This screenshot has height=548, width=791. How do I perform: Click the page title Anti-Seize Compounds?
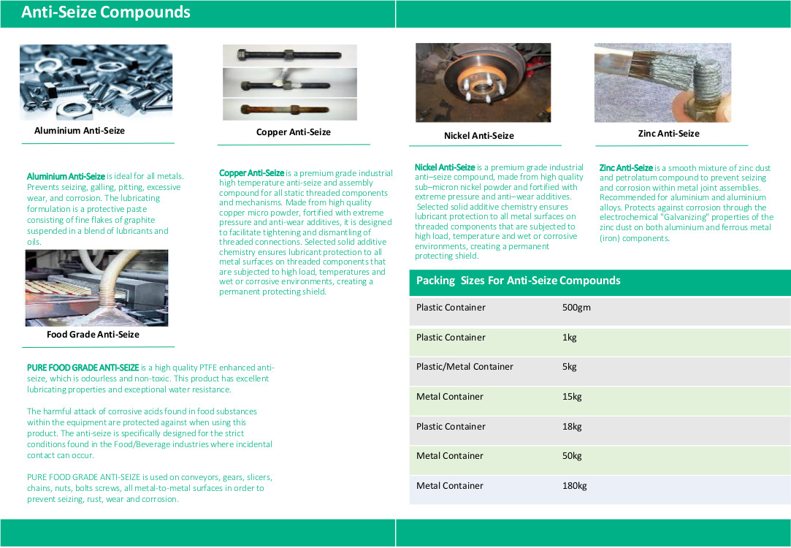coord(106,12)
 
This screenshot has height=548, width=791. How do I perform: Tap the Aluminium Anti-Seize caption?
coord(80,131)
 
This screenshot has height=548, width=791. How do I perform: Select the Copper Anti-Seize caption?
coord(294,132)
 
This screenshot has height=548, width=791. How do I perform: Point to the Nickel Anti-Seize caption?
coord(478,136)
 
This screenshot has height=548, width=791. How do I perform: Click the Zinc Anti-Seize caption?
coord(668,134)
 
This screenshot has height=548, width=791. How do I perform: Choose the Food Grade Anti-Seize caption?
coord(93,335)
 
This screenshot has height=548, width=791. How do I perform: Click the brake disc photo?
coord(483,83)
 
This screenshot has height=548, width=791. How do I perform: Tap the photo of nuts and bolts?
coord(96,82)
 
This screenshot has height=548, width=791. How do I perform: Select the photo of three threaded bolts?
coord(289,83)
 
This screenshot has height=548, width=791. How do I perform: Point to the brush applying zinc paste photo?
coord(662,83)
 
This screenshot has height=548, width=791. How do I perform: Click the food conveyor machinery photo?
coord(96,288)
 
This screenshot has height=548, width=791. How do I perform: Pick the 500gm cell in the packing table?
coord(576,308)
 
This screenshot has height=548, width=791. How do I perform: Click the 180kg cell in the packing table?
coord(575,486)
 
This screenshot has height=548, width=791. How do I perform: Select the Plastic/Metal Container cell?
coord(465,367)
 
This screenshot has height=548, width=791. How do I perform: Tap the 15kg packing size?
coord(572,397)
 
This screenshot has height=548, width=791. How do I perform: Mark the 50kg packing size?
coord(572,456)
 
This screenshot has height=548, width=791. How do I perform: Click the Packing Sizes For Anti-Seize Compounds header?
coord(518,281)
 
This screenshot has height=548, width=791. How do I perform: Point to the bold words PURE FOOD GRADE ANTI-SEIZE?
coord(83,368)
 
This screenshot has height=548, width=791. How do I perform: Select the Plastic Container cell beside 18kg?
coord(451,427)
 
